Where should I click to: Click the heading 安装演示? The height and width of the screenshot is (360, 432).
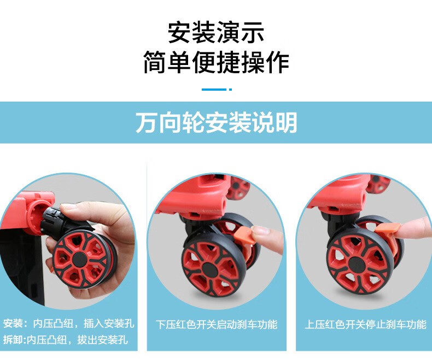(216, 32)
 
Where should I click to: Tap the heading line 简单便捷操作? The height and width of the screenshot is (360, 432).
(216, 62)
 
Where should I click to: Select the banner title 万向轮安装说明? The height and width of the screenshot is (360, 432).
(217, 122)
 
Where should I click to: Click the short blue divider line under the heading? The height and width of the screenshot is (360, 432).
(217, 90)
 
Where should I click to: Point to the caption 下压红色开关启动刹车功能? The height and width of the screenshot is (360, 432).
(217, 324)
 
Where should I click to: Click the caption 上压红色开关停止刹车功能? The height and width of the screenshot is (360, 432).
(365, 324)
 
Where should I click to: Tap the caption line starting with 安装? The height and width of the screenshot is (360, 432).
(68, 323)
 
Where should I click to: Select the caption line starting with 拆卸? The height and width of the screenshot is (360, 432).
(66, 340)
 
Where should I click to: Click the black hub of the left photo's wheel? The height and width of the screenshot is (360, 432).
(80, 259)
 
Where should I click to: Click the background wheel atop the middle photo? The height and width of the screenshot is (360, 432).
(239, 188)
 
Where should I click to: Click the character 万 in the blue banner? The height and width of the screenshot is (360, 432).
(146, 122)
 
